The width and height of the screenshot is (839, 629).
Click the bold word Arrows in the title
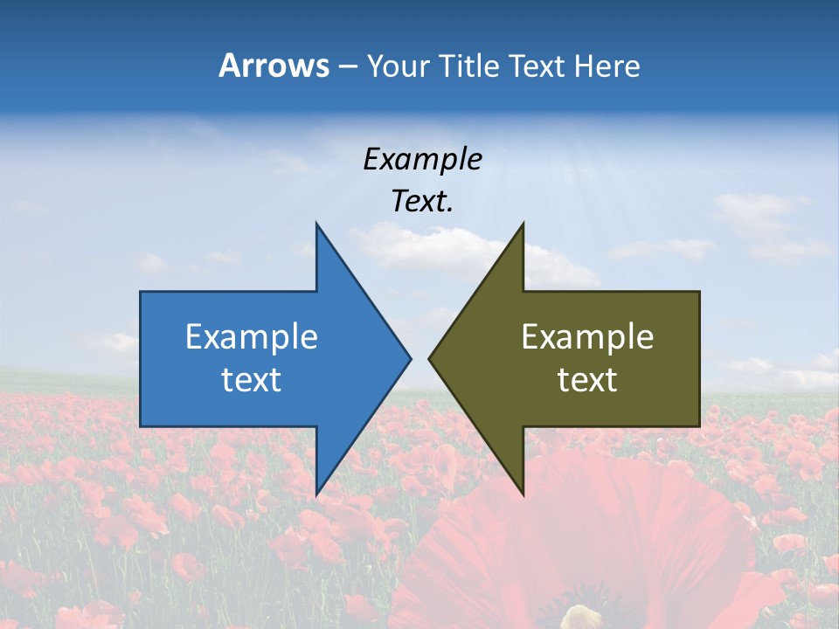pos(274,66)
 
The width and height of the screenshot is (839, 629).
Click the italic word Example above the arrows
pos(422,159)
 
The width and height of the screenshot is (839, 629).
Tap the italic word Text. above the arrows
pos(422,201)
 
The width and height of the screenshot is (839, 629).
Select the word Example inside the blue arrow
pos(251,336)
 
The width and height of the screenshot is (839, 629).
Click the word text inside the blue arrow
pos(251,379)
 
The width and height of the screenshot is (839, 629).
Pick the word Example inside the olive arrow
pos(587,336)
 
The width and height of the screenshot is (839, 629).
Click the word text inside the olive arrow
pos(587,379)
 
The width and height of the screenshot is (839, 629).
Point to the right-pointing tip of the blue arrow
pos(409,358)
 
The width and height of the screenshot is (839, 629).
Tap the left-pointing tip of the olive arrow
pos(430,358)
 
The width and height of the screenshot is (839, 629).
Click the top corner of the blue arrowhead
pos(316,225)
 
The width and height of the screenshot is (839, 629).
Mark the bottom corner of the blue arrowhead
pos(316,494)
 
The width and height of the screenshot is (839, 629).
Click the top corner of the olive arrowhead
pos(523,225)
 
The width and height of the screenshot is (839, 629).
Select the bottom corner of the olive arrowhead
pos(523,494)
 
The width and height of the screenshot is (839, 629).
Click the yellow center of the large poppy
pos(583,617)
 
